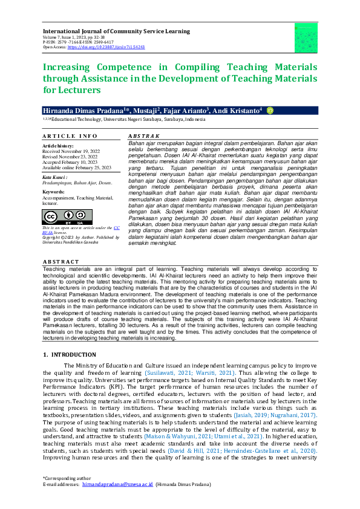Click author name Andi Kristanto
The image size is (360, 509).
(x=237, y=111)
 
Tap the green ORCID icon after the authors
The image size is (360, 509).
(x=270, y=111)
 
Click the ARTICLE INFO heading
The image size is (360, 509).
(x=70, y=136)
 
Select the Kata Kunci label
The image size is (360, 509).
(x=55, y=177)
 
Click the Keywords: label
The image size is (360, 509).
(x=54, y=192)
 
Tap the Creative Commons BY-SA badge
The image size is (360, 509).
(x=59, y=216)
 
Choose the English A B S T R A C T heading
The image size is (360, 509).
(x=61, y=262)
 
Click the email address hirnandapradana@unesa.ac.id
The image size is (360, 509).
(x=118, y=485)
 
